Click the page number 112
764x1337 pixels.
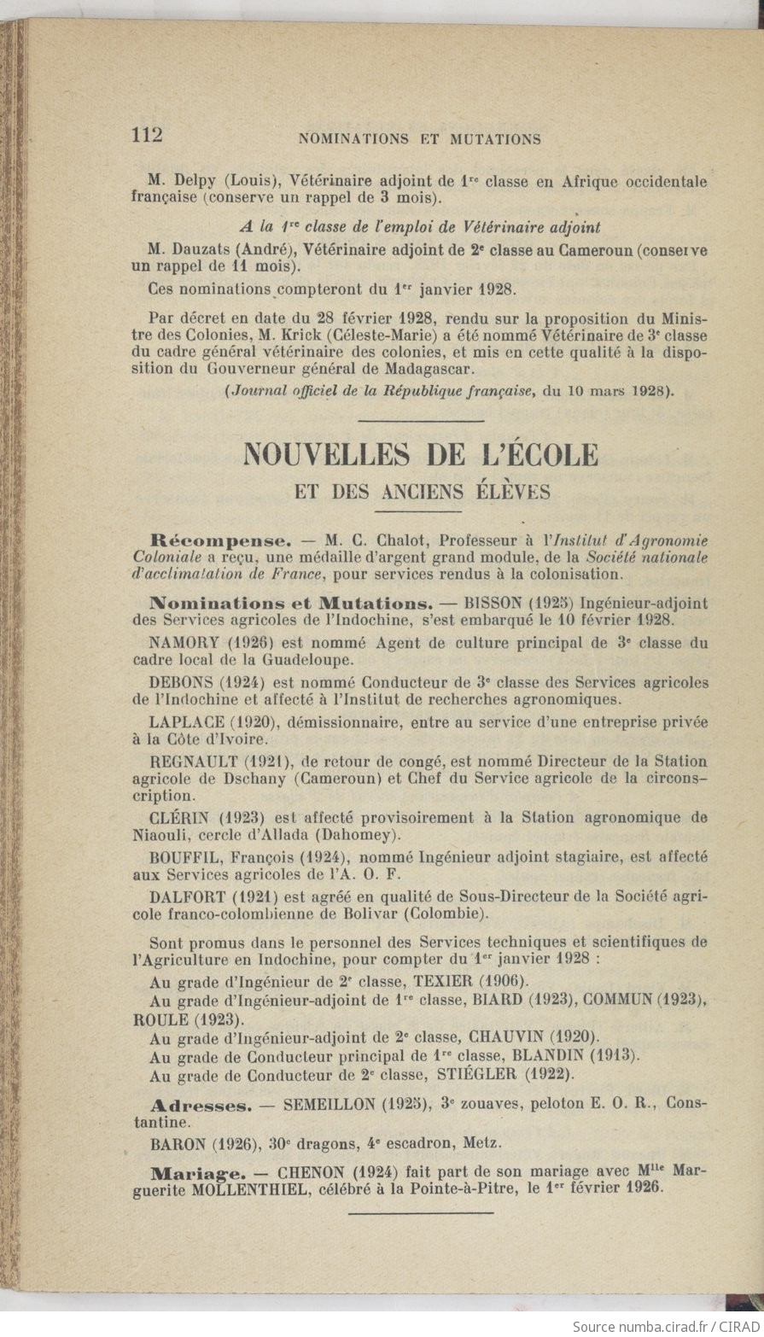point(148,135)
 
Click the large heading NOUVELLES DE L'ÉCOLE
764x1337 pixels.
point(421,454)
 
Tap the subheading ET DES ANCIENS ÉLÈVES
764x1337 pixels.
point(422,492)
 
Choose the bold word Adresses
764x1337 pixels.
point(201,1106)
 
